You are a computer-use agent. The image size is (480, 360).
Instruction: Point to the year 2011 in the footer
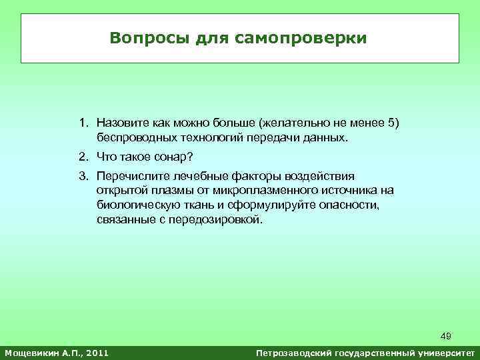[95, 351]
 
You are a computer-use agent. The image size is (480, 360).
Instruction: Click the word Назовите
[122, 123]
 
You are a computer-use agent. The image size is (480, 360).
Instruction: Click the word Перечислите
[129, 176]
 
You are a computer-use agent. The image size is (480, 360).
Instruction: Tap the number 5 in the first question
[391, 123]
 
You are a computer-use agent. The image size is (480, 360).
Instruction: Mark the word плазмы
[163, 191]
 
